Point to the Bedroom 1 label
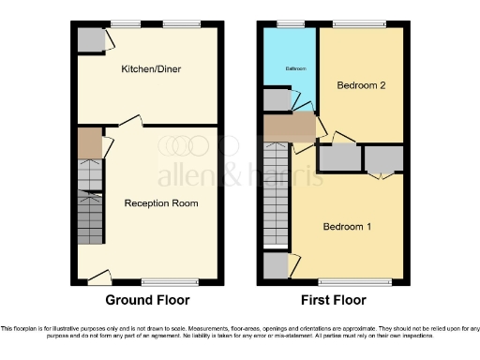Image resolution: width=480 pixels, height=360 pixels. [347, 226]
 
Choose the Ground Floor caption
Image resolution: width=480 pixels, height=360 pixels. [147, 300]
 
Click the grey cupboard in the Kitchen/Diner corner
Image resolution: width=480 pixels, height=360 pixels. [90, 39]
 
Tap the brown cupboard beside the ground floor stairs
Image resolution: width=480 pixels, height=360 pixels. [89, 142]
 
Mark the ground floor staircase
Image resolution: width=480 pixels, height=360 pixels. [89, 202]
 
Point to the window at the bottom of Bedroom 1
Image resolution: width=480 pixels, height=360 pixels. [354, 281]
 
